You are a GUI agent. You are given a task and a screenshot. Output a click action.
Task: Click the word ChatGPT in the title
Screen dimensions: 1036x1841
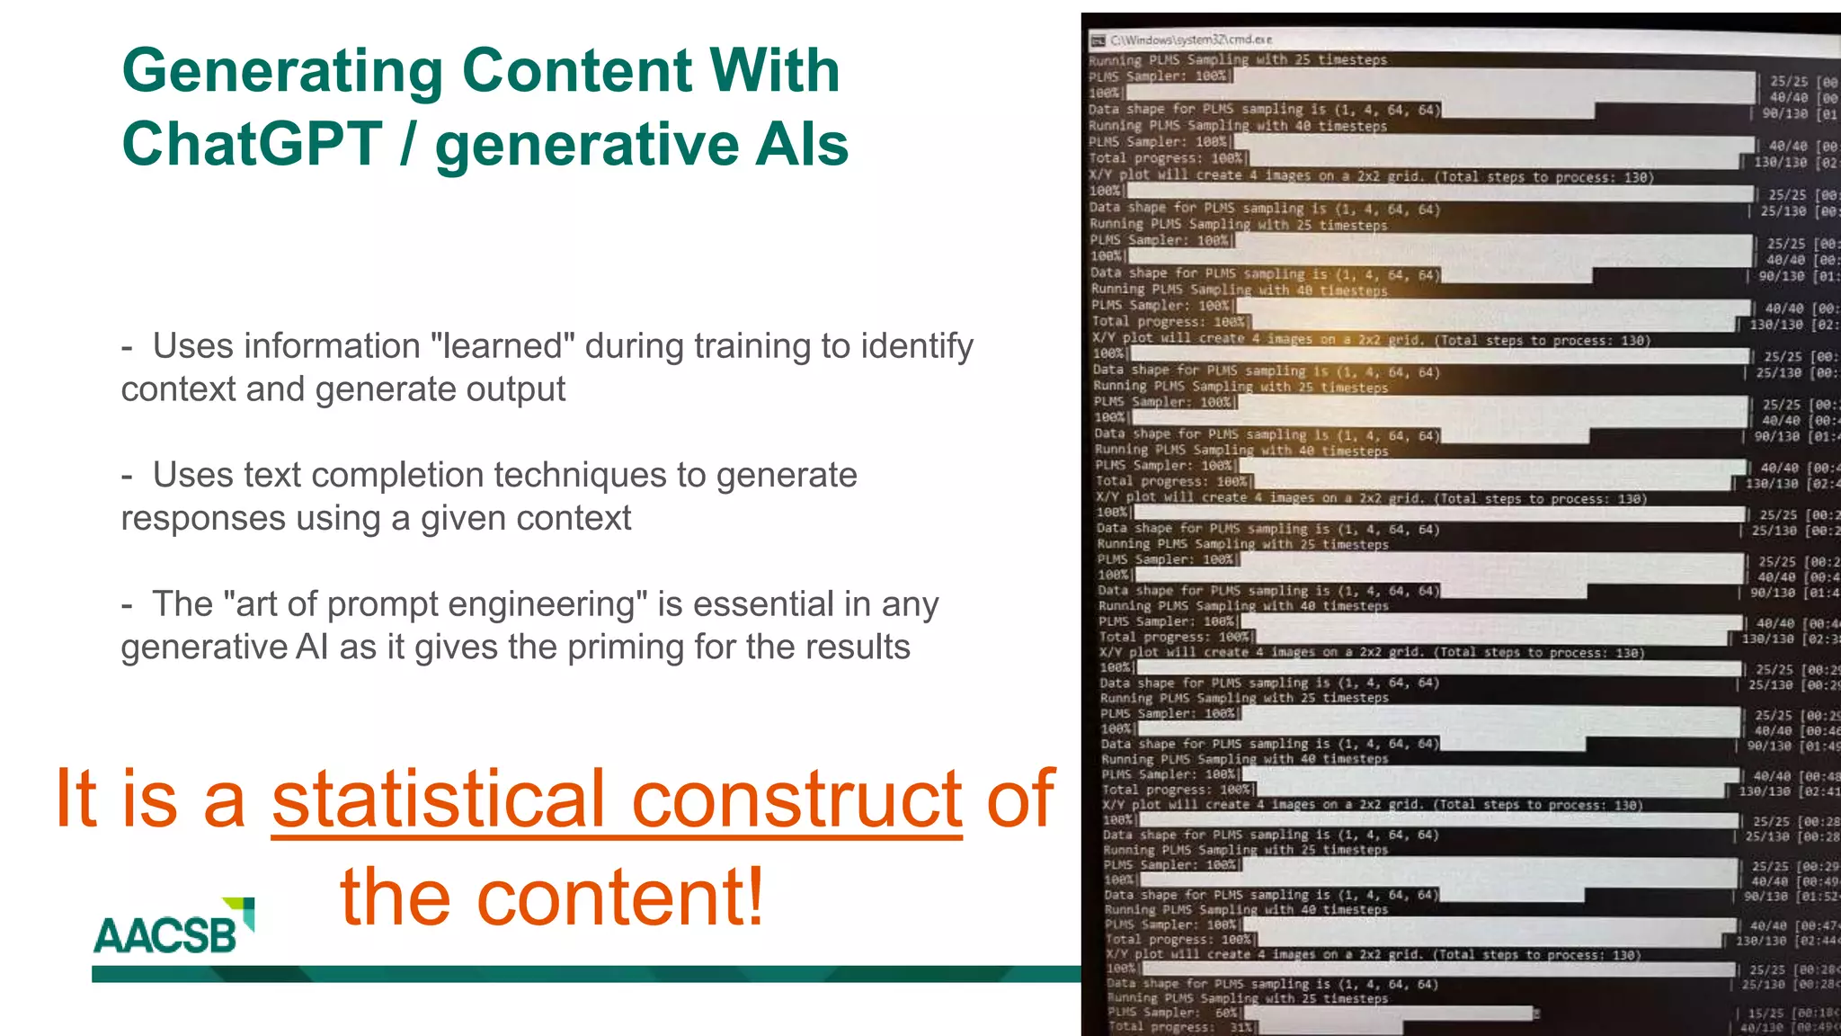click(253, 144)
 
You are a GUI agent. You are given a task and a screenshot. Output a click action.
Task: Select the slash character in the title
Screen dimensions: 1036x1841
click(408, 144)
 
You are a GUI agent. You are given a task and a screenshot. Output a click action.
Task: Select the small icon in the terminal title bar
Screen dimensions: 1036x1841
click(1097, 40)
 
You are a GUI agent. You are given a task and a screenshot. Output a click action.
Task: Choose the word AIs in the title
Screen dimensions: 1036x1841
click(802, 144)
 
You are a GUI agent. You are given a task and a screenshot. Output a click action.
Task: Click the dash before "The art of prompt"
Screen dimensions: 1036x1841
click(127, 604)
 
